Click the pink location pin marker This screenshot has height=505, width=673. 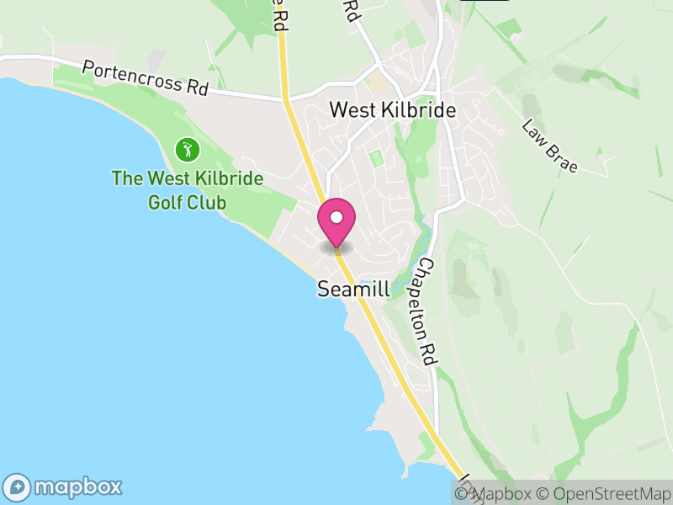(336, 224)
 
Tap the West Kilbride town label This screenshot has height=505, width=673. (392, 110)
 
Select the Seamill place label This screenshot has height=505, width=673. (353, 290)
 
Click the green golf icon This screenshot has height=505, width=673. (188, 151)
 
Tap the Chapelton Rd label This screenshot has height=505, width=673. (427, 311)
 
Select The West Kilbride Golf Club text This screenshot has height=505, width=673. (188, 190)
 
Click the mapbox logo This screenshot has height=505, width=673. (64, 486)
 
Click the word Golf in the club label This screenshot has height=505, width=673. (167, 202)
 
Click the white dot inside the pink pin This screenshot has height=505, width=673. (336, 218)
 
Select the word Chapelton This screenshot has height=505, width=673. (425, 295)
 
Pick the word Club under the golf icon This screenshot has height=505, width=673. (209, 202)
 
